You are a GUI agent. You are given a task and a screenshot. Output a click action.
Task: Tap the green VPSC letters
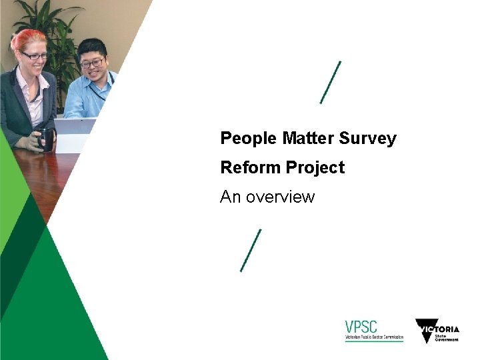361,327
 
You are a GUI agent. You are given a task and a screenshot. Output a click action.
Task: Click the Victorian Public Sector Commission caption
374,338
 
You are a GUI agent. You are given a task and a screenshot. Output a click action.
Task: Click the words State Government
447,337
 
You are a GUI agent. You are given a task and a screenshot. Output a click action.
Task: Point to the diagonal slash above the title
331,82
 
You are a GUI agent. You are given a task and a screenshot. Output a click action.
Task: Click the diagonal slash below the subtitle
251,250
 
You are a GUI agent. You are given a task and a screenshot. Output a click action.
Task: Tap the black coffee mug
45,138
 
